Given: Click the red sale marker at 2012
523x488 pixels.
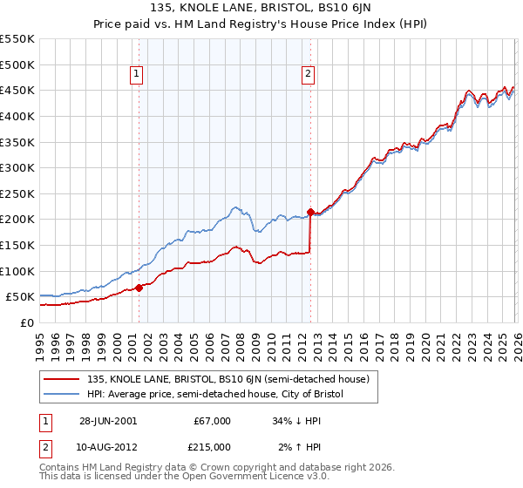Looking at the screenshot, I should (x=310, y=212).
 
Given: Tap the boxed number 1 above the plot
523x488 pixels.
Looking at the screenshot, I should (x=138, y=75).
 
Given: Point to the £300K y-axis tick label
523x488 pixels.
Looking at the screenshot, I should (x=17, y=167).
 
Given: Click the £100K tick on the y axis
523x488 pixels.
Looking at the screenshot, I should (x=17, y=271).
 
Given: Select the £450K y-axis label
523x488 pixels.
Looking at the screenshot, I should (x=17, y=90).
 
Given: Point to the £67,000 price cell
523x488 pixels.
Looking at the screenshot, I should (x=213, y=421).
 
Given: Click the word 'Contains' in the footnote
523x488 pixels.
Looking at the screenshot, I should (x=60, y=468).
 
